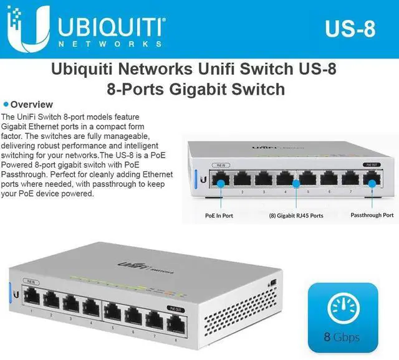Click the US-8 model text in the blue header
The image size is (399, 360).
[350, 29]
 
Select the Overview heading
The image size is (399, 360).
[32, 105]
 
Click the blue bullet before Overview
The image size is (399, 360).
[6, 104]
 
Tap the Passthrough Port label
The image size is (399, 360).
[372, 215]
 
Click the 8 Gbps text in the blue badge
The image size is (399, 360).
[342, 338]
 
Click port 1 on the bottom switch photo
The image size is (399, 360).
[29, 299]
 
